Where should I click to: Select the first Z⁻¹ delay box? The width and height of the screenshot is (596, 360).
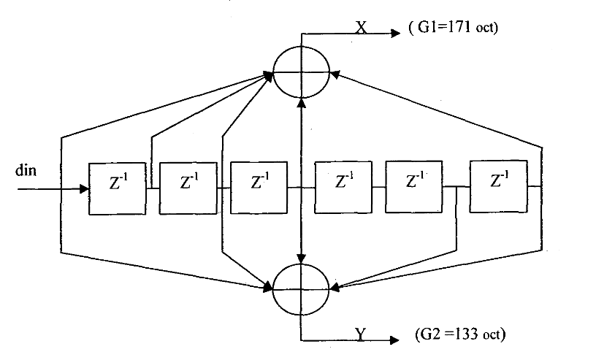116,188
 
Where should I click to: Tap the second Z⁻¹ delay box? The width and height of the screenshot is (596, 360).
188,188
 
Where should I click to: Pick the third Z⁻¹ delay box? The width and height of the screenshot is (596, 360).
259,188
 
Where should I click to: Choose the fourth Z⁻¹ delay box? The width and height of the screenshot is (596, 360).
343,188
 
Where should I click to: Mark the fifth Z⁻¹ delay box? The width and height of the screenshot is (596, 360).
413,188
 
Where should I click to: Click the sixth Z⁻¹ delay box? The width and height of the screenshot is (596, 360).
499,188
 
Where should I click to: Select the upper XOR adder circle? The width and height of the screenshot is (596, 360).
302,72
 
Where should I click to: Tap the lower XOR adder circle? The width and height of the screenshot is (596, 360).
302,289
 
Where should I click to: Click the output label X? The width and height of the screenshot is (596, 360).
361,27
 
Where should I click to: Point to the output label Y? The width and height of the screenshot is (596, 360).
361,334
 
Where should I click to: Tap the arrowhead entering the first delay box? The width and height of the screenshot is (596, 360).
83,188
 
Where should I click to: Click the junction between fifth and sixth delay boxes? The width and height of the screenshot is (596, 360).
456,188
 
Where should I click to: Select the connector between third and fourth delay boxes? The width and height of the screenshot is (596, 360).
301,188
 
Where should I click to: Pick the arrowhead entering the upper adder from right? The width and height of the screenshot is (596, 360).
336,72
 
